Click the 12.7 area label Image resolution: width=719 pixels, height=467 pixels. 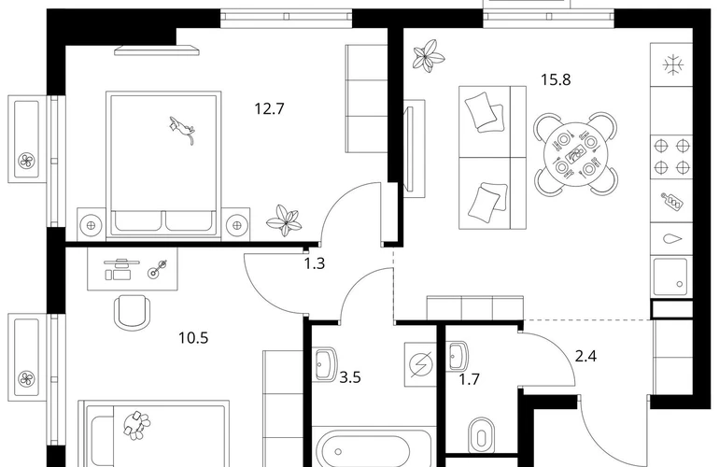[269, 108]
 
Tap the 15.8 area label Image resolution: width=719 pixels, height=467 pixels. [556, 79]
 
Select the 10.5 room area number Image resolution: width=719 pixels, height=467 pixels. [193, 338]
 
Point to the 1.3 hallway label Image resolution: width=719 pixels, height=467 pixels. [315, 263]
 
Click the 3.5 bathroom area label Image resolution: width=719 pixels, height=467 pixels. [350, 377]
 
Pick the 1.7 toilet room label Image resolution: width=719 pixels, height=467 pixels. [470, 379]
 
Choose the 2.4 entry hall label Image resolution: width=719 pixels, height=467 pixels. [585, 356]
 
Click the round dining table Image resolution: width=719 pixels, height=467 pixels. [575, 153]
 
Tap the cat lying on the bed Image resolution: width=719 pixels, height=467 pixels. [182, 130]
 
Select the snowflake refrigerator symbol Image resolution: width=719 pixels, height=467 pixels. [672, 64]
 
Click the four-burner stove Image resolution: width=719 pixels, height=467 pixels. [671, 156]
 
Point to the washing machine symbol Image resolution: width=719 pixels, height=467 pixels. [420, 364]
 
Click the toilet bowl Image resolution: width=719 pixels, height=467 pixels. [481, 434]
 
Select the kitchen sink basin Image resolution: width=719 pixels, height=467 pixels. [670, 276]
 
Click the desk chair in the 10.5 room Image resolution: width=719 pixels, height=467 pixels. [132, 312]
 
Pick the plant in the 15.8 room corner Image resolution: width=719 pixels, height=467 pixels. [428, 56]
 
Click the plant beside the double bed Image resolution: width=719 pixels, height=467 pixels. [284, 220]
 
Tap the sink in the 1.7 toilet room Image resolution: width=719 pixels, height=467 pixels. [458, 356]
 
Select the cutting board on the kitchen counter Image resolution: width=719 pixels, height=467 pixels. [671, 200]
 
